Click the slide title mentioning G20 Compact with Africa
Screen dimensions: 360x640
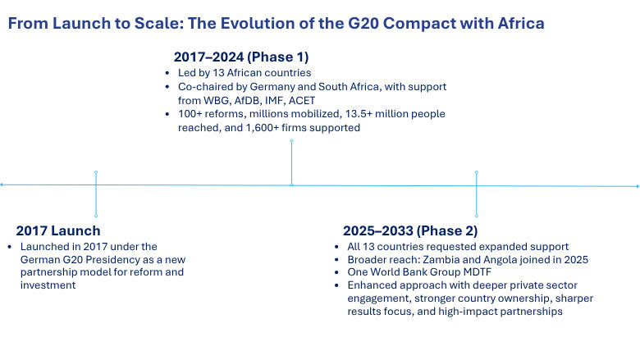pyautogui.click(x=276, y=23)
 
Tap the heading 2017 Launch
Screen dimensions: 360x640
pyautogui.click(x=57, y=230)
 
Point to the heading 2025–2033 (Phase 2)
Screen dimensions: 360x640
pyautogui.click(x=409, y=230)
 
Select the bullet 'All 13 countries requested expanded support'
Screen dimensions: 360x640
pyautogui.click(x=458, y=246)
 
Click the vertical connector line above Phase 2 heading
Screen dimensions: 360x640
pyautogui.click(x=477, y=194)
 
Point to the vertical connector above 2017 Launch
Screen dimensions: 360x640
pyautogui.click(x=96, y=194)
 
